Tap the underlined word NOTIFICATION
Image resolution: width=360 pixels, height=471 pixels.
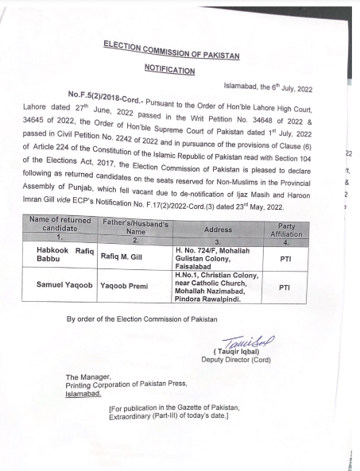[x=169, y=71]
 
